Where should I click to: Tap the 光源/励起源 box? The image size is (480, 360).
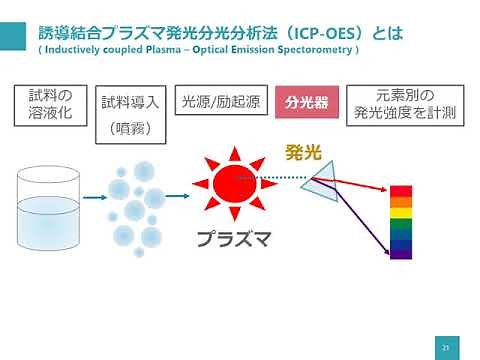click(219, 102)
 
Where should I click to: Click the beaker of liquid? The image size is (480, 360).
click(56, 209)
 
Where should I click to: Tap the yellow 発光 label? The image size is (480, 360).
click(302, 153)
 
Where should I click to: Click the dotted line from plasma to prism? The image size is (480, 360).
click(284, 179)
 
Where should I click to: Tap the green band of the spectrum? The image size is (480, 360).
click(400, 226)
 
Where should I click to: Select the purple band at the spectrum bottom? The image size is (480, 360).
click(400, 253)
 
